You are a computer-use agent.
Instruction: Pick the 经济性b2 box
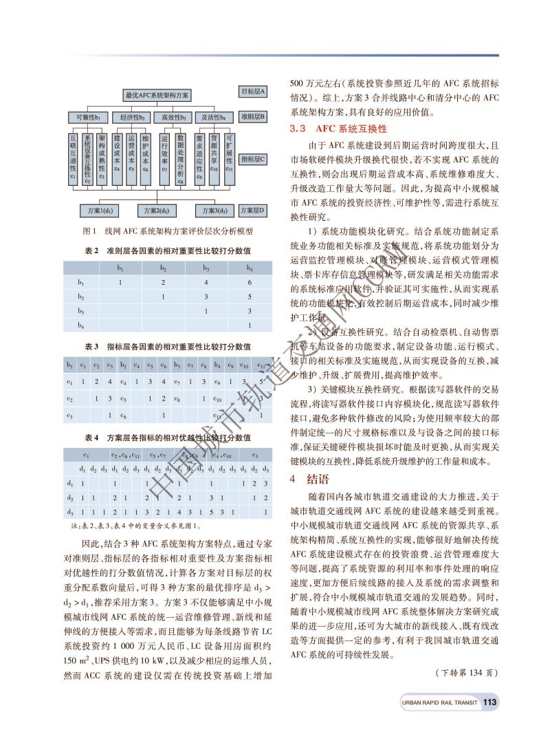pyautogui.click(x=131, y=118)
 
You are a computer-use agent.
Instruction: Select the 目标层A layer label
pyautogui.click(x=253, y=91)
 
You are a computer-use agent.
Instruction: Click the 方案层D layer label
pyautogui.click(x=253, y=208)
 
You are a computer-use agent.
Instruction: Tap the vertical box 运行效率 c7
pyautogui.click(x=164, y=155)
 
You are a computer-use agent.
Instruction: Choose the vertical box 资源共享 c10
pyautogui.click(x=214, y=155)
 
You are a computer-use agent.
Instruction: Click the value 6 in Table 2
pyautogui.click(x=250, y=283)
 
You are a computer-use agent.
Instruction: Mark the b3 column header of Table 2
pyautogui.click(x=206, y=268)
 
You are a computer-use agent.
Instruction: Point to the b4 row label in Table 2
pyautogui.click(x=81, y=324)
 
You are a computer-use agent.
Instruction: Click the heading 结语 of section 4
pyautogui.click(x=317, y=480)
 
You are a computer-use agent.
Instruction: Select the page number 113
pyautogui.click(x=489, y=702)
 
